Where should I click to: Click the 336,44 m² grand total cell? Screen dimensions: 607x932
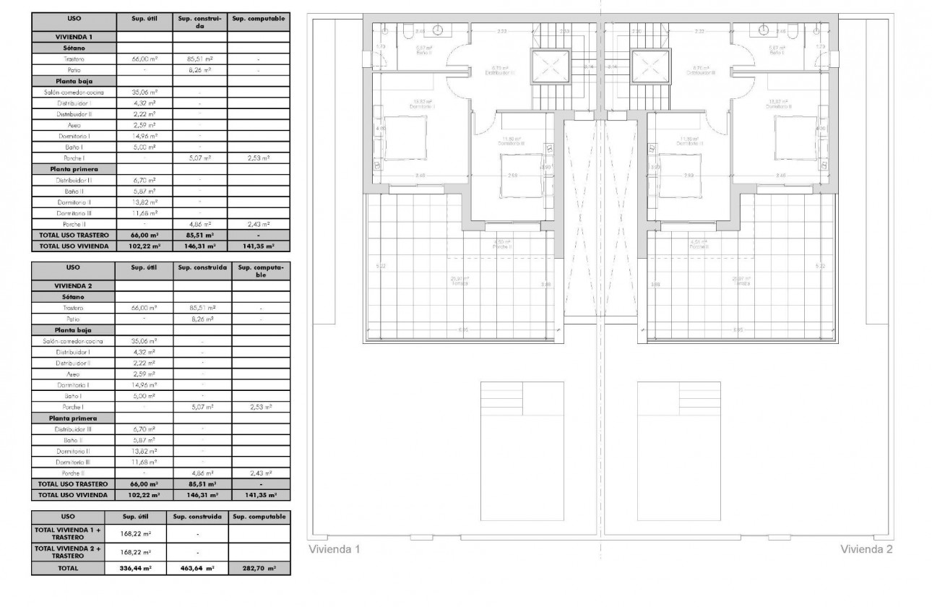click(x=136, y=569)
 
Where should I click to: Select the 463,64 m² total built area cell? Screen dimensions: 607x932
click(x=197, y=569)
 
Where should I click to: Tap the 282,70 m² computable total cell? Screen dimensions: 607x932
click(x=259, y=569)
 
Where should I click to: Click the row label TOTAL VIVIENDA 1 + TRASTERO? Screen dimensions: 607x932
click(x=69, y=533)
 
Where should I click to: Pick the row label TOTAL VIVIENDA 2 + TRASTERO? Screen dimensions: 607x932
click(x=69, y=553)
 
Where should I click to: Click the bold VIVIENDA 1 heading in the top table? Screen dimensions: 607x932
click(x=74, y=35)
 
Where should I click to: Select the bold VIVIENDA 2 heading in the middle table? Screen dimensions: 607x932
click(x=74, y=285)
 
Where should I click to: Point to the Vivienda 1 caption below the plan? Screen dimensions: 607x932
click(x=335, y=550)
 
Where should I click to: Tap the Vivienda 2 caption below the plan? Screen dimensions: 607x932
click(x=866, y=550)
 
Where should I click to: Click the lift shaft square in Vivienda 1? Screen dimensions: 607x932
click(x=551, y=68)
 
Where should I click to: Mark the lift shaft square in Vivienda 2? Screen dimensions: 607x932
click(x=650, y=68)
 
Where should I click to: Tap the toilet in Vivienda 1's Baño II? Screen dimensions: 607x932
click(x=409, y=30)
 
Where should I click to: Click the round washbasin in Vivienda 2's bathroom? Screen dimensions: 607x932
click(x=764, y=30)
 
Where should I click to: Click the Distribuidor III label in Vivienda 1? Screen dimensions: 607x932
click(x=500, y=72)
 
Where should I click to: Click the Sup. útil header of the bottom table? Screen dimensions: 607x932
click(x=136, y=517)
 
